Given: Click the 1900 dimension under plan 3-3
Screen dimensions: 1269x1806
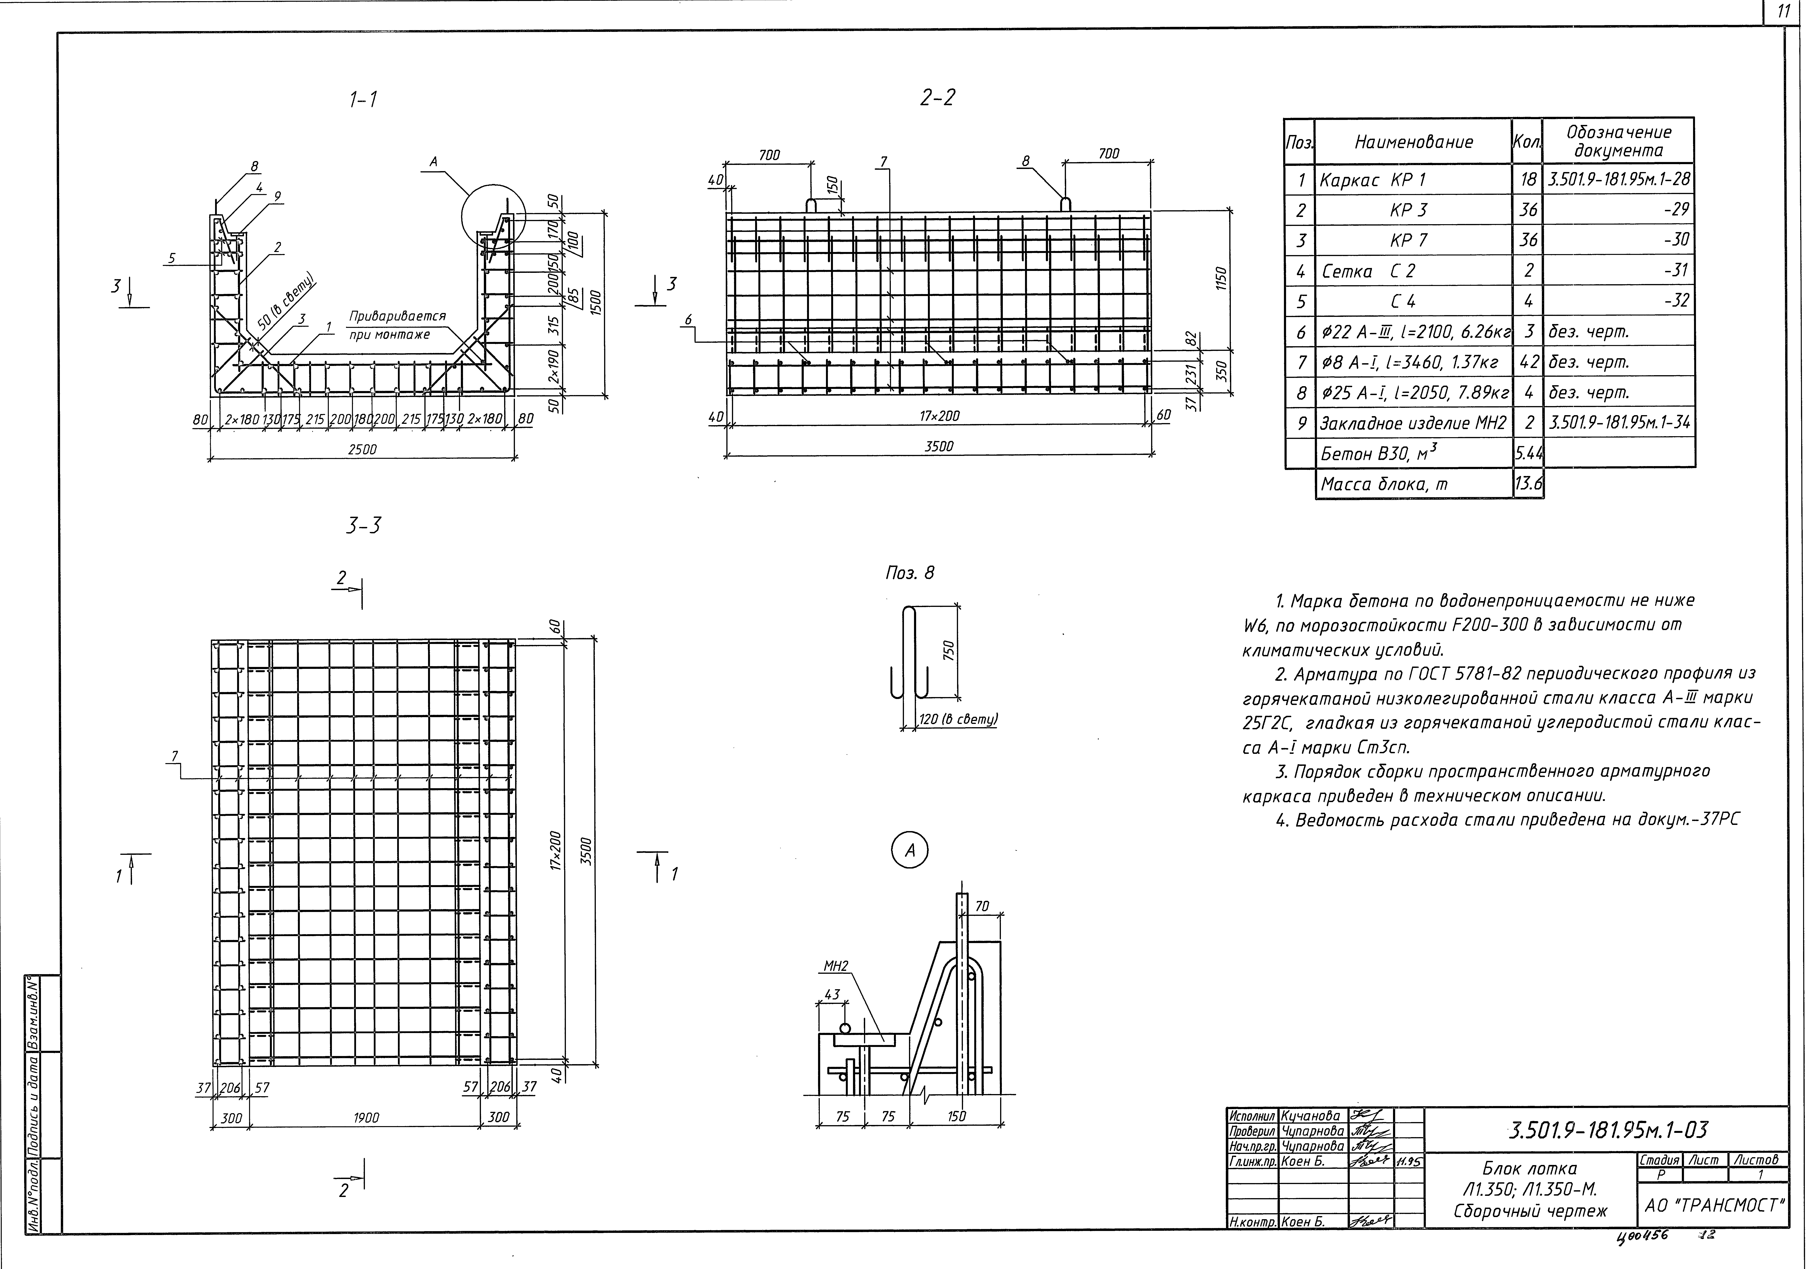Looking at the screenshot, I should point(366,1117).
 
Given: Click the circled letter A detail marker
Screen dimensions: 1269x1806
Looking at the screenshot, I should point(910,850).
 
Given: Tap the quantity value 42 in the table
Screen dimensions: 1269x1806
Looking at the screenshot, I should point(1528,363).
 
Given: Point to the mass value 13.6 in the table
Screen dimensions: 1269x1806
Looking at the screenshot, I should point(1528,484).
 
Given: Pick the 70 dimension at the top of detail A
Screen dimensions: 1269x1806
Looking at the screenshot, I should point(982,906).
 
